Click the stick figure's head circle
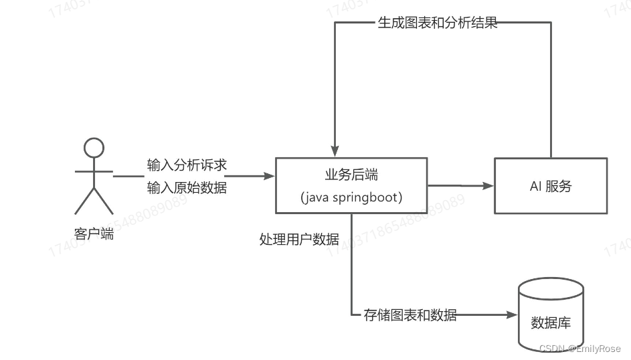point(94,147)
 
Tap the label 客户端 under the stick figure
point(94,234)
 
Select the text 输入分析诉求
point(187,165)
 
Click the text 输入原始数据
point(187,187)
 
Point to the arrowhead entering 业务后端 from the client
point(270,176)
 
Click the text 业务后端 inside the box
point(351,175)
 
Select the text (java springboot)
point(351,197)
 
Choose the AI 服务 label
point(551,187)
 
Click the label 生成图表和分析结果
point(437,24)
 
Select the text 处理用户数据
point(299,239)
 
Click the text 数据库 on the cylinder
point(551,323)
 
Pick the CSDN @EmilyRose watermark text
point(579,349)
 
